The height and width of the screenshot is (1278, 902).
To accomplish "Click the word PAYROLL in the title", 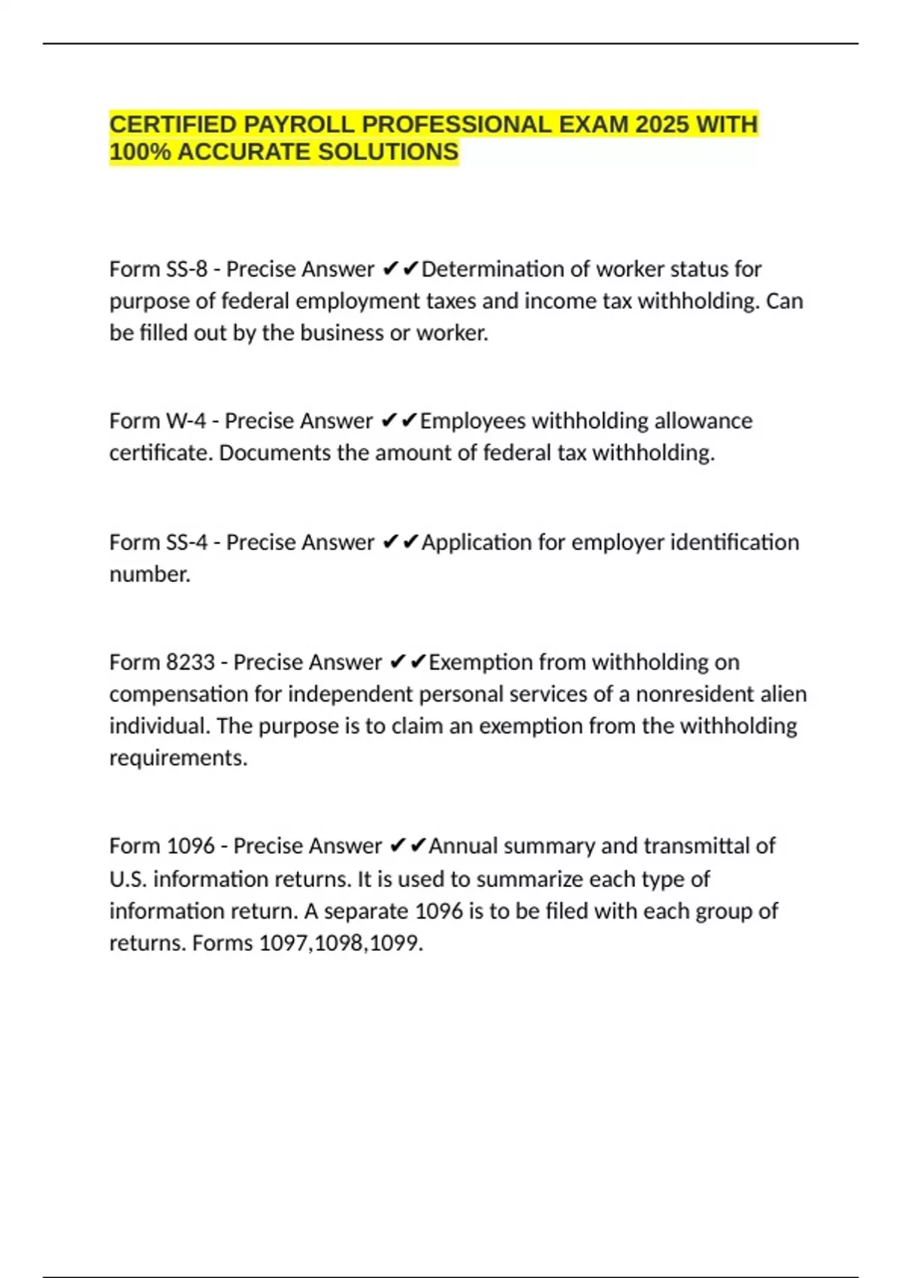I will pyautogui.click(x=307, y=124).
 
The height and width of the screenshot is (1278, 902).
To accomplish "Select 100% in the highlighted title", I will pyautogui.click(x=141, y=152).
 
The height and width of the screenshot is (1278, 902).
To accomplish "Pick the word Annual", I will pyautogui.click(x=463, y=846).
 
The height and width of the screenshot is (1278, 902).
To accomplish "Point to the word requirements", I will pyautogui.click(x=178, y=758).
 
